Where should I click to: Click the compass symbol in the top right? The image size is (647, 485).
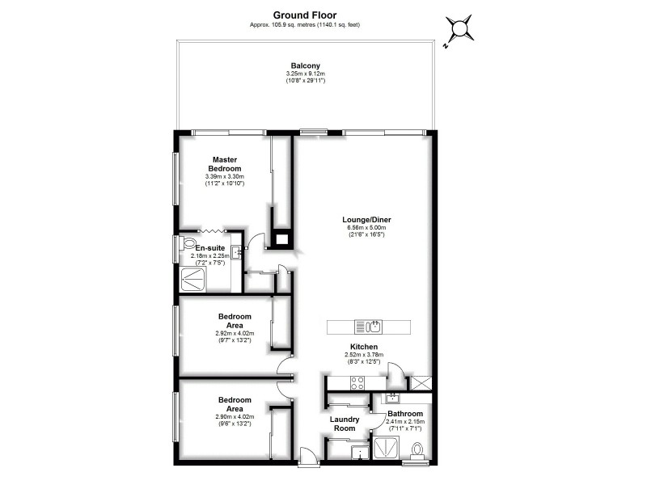click(459, 31)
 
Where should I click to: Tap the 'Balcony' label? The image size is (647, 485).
click(305, 65)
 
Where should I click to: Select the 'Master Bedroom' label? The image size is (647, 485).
click(225, 164)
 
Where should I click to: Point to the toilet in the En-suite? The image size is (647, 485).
click(188, 242)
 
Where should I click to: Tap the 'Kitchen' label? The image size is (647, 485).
click(364, 346)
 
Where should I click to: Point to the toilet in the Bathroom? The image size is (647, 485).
click(418, 449)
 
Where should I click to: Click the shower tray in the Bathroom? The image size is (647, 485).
click(387, 449)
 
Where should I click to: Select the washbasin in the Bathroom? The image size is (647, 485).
click(393, 398)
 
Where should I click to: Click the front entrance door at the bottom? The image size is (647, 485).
click(308, 458)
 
